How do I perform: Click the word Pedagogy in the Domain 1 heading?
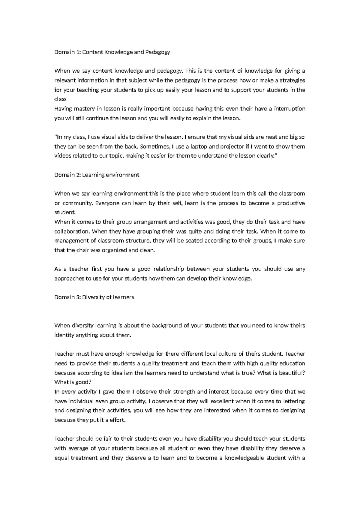(158, 52)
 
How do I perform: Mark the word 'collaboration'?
(71, 231)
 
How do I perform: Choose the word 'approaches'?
(69, 279)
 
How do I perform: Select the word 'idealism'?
(122, 373)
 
